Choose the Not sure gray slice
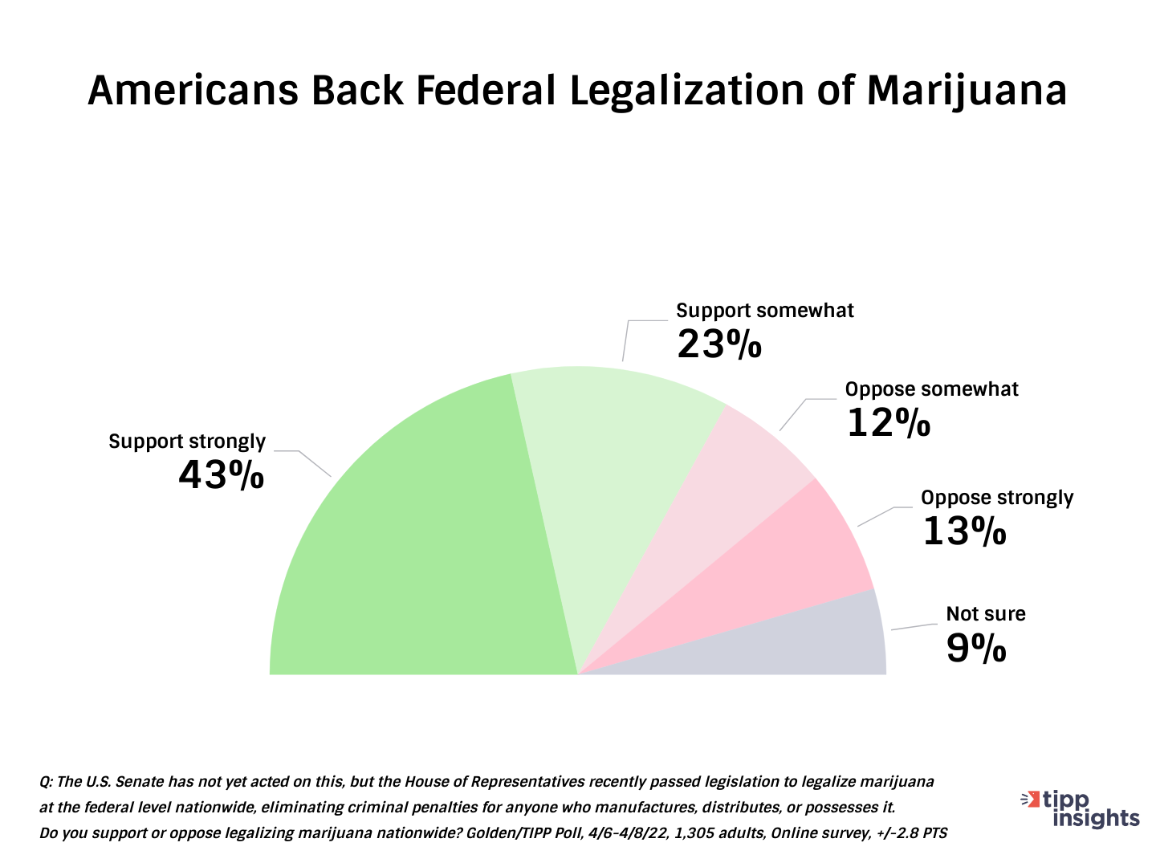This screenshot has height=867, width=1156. [819, 642]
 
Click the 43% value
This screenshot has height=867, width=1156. [221, 475]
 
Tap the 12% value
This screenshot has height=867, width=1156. [888, 423]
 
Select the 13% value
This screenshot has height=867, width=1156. [963, 531]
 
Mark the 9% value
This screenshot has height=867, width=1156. [975, 649]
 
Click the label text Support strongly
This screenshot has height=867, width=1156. [187, 442]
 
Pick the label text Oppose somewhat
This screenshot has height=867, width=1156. [931, 389]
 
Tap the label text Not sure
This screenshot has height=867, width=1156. [986, 614]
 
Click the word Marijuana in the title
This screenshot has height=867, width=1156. [967, 90]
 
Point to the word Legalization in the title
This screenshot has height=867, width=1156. [686, 90]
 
